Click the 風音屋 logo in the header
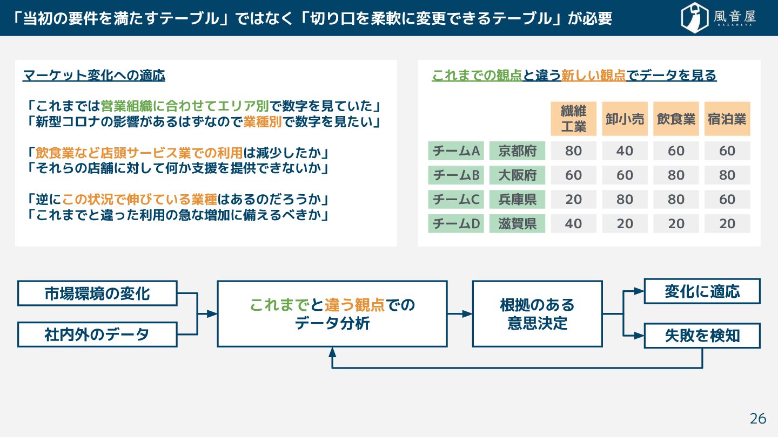[x=718, y=18]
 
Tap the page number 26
[x=758, y=419]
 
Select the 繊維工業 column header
[x=573, y=119]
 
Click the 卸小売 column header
[x=625, y=119]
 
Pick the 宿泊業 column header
[x=727, y=119]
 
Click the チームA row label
[x=456, y=151]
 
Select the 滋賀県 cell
[x=517, y=223]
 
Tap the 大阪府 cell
[x=517, y=175]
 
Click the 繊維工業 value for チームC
[x=573, y=200]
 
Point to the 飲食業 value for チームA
[x=676, y=151]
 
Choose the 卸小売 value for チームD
[x=625, y=223]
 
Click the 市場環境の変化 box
[x=97, y=293]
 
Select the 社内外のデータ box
[x=97, y=334]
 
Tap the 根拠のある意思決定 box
[x=537, y=313]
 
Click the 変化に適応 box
[x=702, y=291]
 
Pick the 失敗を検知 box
[x=702, y=336]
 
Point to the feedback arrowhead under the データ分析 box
[x=332, y=352]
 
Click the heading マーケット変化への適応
[x=94, y=76]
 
